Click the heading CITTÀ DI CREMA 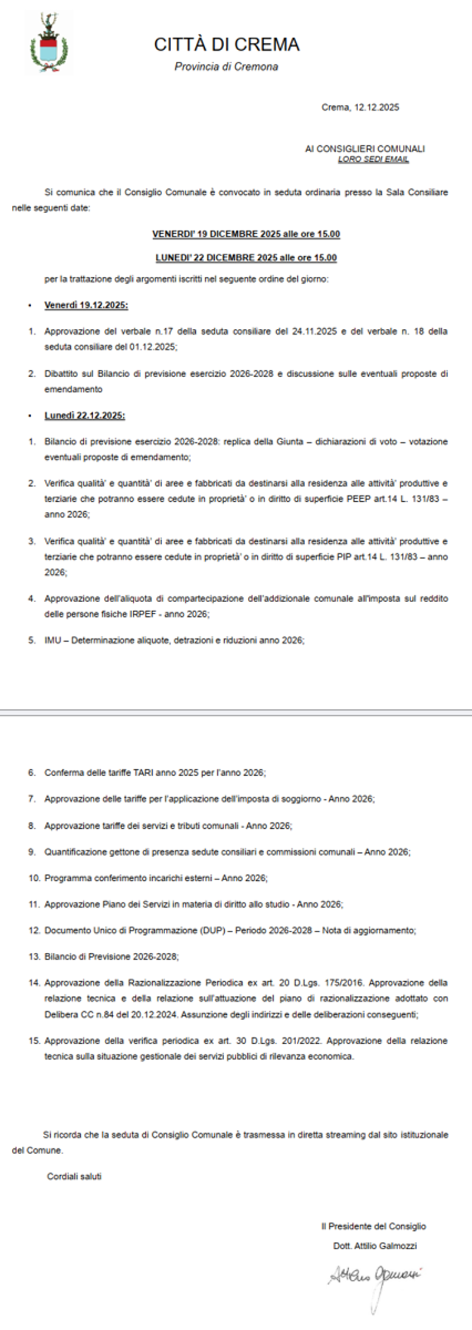227,45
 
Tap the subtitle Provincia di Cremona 226,67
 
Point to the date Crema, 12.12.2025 360,107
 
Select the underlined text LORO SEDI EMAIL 373,159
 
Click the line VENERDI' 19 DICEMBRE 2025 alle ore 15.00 246,234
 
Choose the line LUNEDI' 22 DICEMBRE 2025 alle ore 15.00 246,258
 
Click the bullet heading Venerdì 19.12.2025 86,305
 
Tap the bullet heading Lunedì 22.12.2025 84,416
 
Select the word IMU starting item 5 52,640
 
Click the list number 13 33,956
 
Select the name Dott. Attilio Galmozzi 375,1246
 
